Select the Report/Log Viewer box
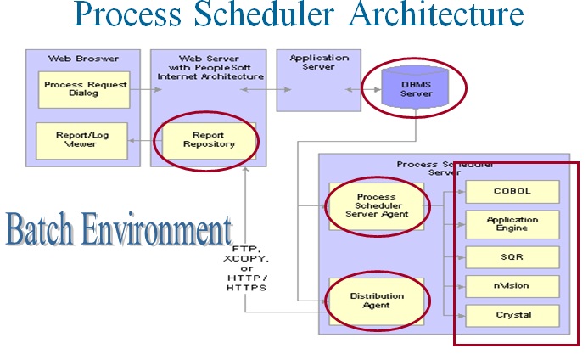(x=82, y=139)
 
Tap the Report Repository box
(x=209, y=139)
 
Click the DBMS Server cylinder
(x=416, y=87)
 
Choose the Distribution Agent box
(x=377, y=300)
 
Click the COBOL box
(x=512, y=192)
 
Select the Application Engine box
(x=512, y=225)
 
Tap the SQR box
(x=512, y=256)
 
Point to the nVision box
(x=512, y=285)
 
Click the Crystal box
(x=512, y=315)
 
